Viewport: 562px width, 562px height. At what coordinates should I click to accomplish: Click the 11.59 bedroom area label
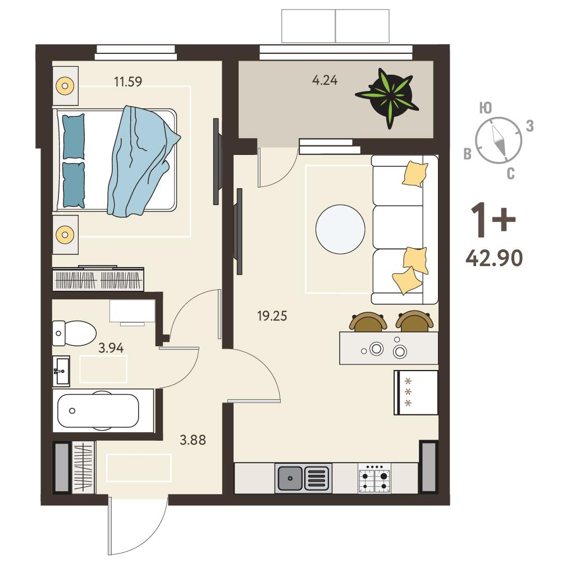pos(128,81)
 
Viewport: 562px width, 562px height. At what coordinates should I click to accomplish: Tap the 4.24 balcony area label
pos(325,80)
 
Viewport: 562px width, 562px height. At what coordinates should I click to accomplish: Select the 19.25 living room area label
pos(272,316)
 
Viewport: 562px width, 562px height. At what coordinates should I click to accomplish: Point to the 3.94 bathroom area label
pos(111,348)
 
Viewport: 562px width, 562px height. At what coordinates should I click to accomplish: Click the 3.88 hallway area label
pos(193,440)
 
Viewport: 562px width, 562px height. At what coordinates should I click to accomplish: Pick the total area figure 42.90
pos(494,258)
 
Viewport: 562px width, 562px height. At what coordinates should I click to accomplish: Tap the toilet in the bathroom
pos(74,333)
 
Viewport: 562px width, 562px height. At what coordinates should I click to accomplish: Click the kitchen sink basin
pos(290,478)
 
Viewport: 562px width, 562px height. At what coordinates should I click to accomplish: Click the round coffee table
pos(340,230)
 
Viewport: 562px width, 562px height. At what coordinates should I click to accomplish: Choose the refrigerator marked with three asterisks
pos(416,392)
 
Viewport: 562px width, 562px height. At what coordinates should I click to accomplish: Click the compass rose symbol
pos(499,140)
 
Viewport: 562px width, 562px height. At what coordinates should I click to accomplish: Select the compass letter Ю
pos(486,108)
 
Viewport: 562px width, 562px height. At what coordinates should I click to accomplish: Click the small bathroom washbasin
pos(61,371)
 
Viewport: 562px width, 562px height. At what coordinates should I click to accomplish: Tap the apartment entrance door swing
pos(138,525)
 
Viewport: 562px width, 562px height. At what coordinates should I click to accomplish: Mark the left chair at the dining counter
pos(368,322)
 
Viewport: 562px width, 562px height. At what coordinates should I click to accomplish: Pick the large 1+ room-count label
pos(493,219)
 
